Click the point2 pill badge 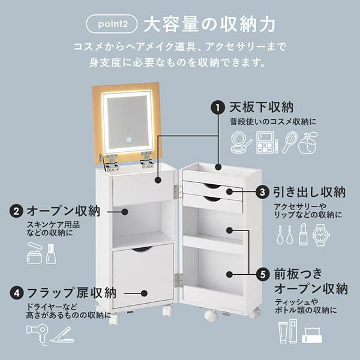[112, 24]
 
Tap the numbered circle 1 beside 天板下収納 [218, 107]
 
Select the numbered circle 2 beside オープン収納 [16, 211]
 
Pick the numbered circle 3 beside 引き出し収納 [262, 192]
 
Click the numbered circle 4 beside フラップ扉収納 [17, 293]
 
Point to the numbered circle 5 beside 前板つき [263, 274]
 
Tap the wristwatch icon [321, 235]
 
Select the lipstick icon [303, 234]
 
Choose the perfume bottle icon [308, 143]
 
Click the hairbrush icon [290, 142]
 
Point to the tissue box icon [312, 335]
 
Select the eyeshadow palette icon [267, 142]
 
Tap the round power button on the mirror [129, 139]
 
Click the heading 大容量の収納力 [209, 24]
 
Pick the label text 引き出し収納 [309, 192]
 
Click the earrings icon [284, 235]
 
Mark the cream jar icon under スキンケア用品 [34, 253]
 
